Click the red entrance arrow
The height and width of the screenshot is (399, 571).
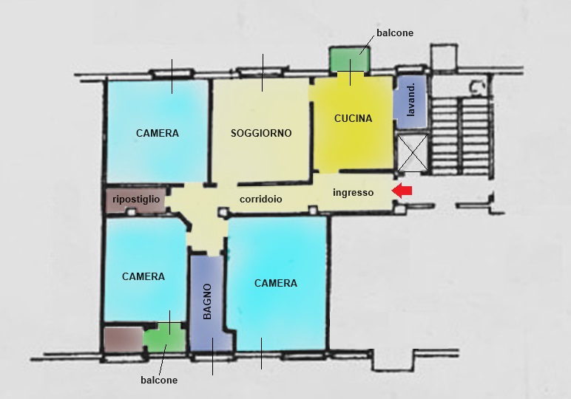coord(402,191)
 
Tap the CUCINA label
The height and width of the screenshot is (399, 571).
coord(354,118)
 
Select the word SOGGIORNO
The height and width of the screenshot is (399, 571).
coord(261,133)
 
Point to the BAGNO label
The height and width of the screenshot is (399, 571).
coord(207,301)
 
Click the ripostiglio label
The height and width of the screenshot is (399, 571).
coord(136,199)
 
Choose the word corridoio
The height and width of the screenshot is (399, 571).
coord(261,199)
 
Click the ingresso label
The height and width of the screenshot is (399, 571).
coord(354,192)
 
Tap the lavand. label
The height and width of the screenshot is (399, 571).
coord(410,100)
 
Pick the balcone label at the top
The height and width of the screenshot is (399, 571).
coord(395,33)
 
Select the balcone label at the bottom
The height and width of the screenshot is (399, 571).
coord(159,380)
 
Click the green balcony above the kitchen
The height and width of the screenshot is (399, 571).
coord(350,59)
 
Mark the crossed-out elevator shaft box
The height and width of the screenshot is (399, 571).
coord(412,153)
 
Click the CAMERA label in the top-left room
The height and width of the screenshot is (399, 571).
coord(158,133)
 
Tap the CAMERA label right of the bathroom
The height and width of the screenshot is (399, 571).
coord(276,283)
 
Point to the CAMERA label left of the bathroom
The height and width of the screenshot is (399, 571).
coord(143,276)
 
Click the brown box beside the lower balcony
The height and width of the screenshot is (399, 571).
coord(124,339)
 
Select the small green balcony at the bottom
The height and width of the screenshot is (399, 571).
coord(164,338)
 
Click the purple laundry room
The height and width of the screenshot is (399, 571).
coord(410,101)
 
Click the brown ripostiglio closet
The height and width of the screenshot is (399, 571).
coord(135,199)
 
